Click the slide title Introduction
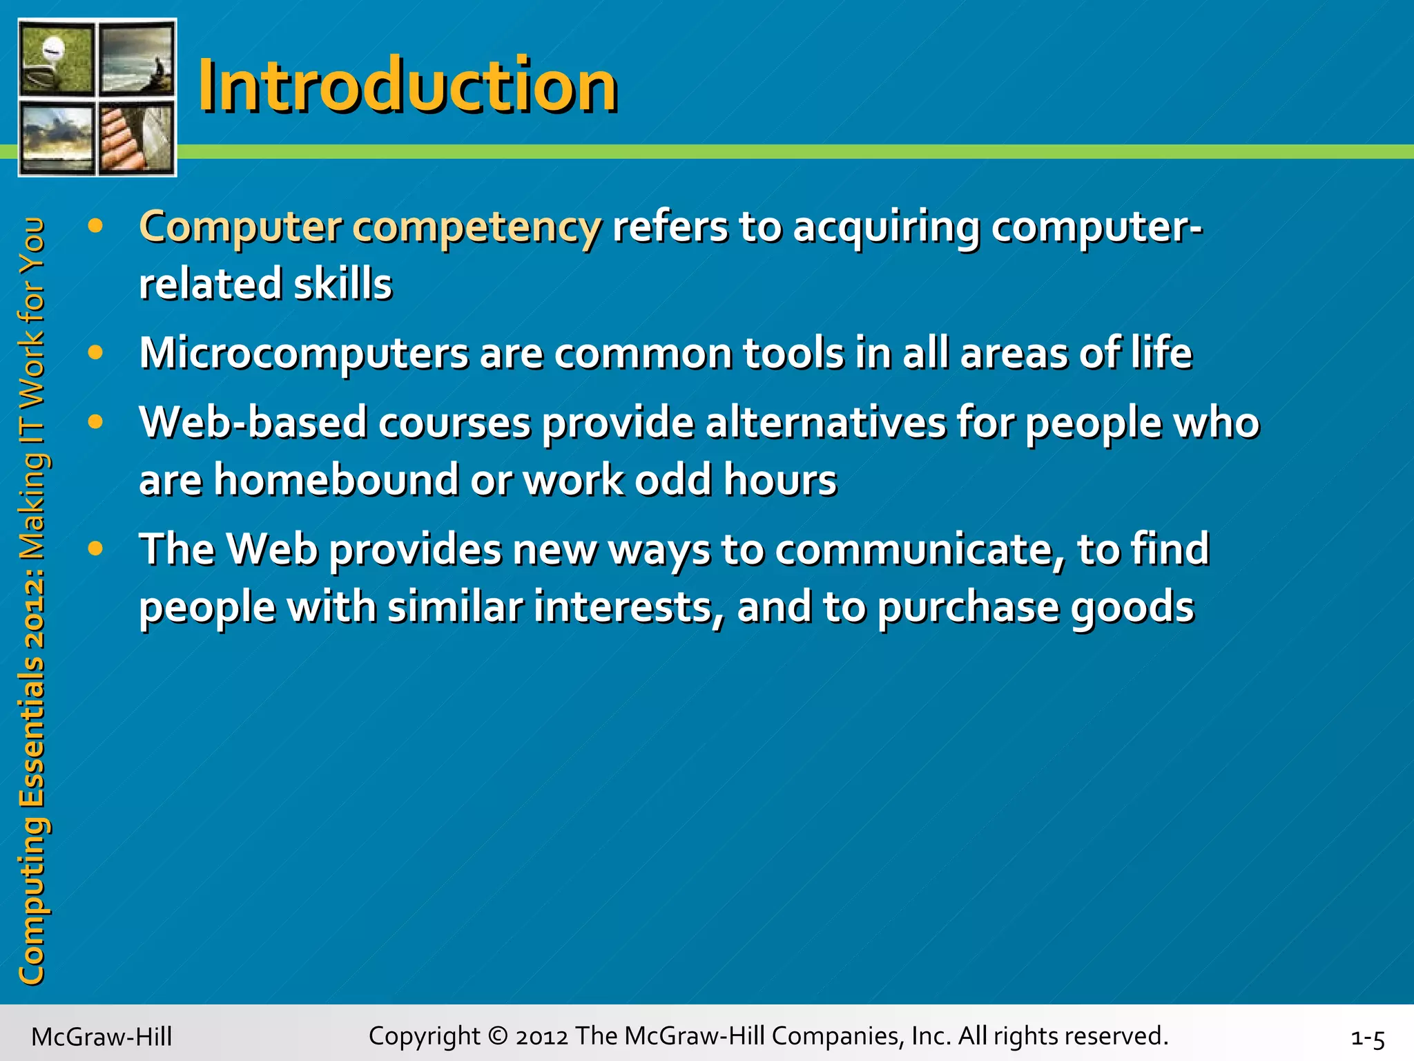pyautogui.click(x=407, y=86)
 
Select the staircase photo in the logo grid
pyautogui.click(x=136, y=137)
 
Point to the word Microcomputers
pyautogui.click(x=304, y=354)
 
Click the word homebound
pyautogui.click(x=336, y=480)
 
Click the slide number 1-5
pyautogui.click(x=1367, y=1038)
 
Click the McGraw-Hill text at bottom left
pyautogui.click(x=101, y=1037)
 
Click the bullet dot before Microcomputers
pyautogui.click(x=96, y=353)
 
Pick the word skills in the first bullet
pyautogui.click(x=342, y=285)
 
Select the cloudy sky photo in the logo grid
pyautogui.click(x=57, y=137)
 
